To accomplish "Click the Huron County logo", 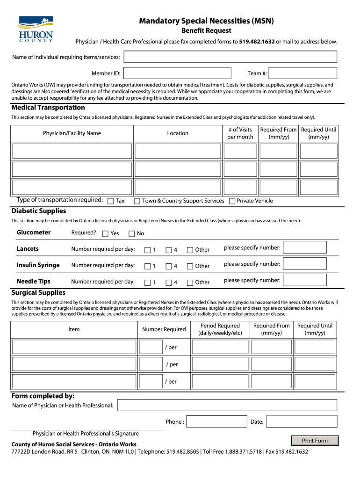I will pos(36,29).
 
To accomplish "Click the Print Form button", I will pos(315,441).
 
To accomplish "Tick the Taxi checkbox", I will pos(111,201).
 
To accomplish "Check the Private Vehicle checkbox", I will pos(232,201).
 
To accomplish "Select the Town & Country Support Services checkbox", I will pos(137,201).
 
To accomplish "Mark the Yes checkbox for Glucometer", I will pos(105,234).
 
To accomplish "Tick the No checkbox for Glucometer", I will pos(132,234).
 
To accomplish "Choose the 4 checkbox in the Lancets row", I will pos(169,250).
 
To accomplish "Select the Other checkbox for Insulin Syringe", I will pos(190,267).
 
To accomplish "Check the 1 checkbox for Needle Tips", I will pos(148,283).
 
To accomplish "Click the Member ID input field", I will pos(177,73).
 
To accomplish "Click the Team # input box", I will pos(303,73).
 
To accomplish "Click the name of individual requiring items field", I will pos(230,57).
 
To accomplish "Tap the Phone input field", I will pos(216,421).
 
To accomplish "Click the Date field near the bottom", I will pos(302,421).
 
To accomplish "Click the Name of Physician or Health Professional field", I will pos(227,405).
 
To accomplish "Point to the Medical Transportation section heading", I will pos(42,108).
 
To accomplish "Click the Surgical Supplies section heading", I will pos(38,292).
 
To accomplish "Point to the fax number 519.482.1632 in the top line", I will pos(257,42).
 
